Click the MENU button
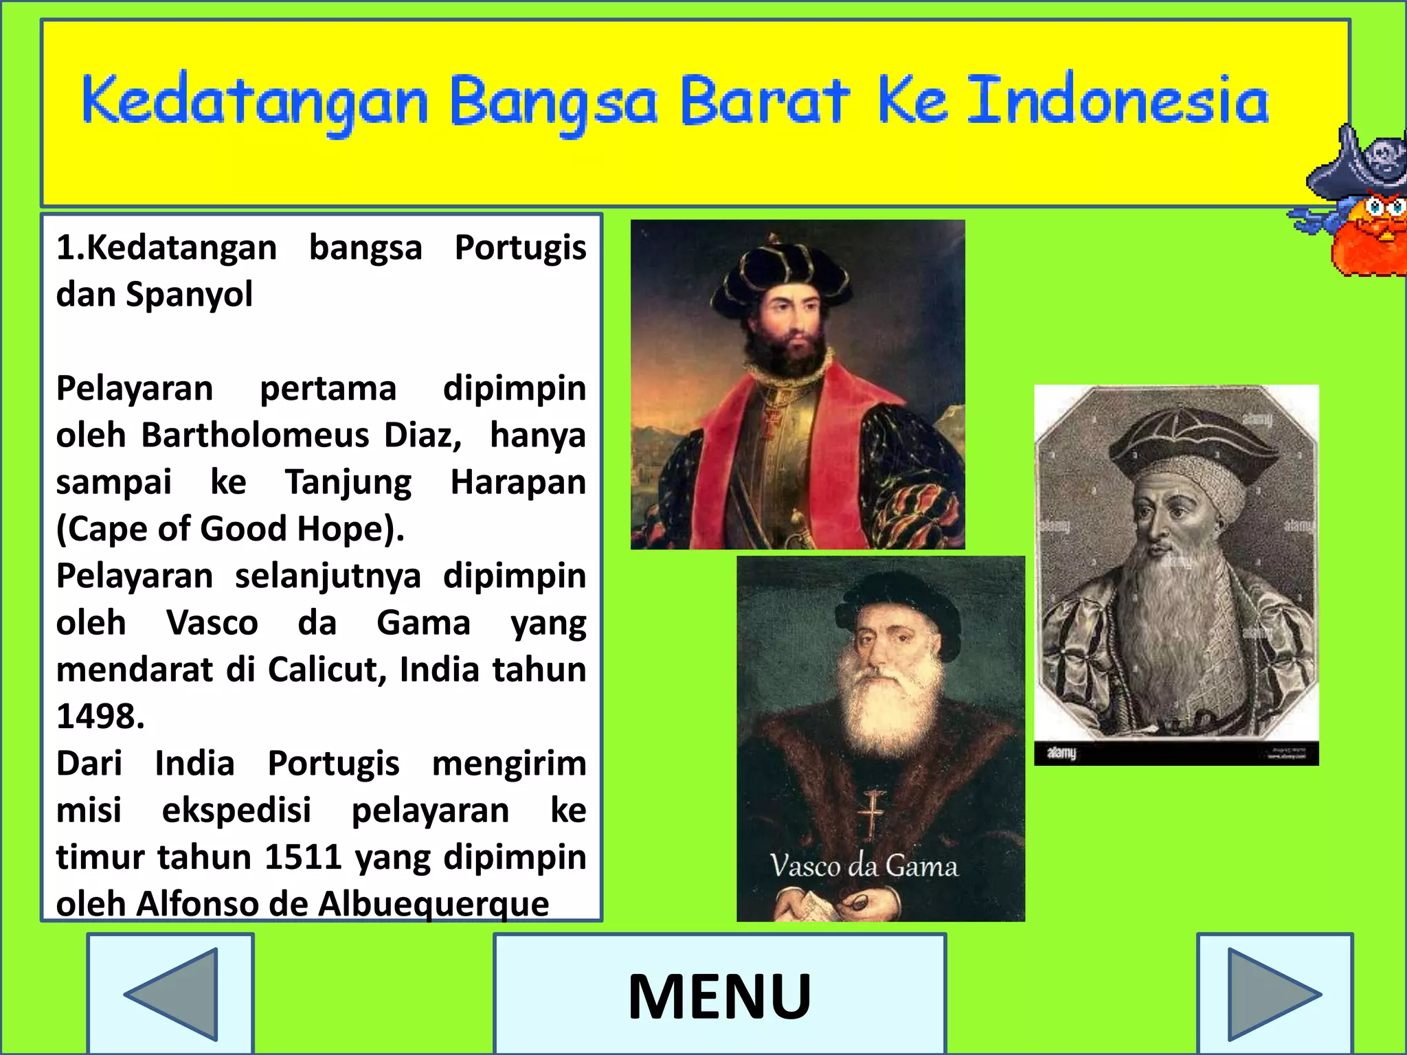[x=719, y=996]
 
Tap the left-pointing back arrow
[x=172, y=994]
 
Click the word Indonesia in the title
[x=1117, y=102]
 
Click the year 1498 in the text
[x=100, y=716]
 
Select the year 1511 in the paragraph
[x=303, y=857]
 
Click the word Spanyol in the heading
[x=189, y=295]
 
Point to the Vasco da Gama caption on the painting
[x=864, y=866]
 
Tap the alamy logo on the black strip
[x=1061, y=753]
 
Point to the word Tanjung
[x=348, y=483]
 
